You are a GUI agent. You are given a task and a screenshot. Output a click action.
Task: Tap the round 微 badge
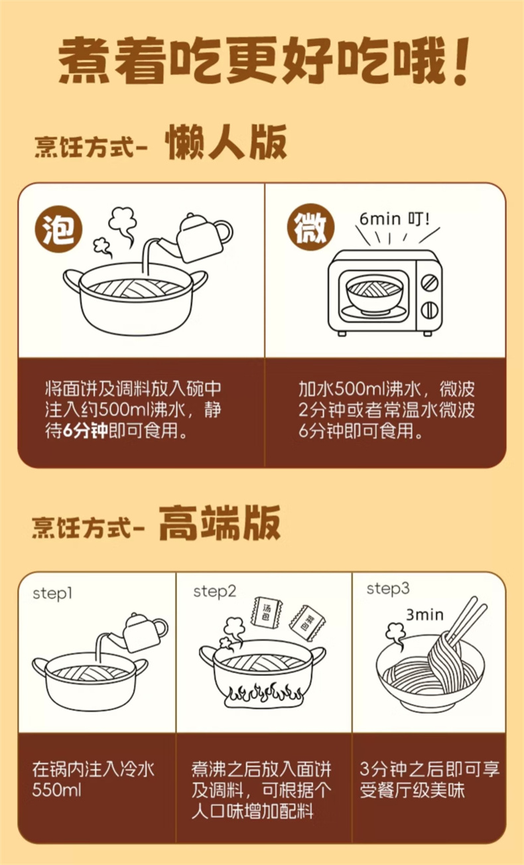pos(310,228)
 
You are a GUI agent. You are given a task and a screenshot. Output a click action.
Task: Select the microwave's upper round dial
pos(429,283)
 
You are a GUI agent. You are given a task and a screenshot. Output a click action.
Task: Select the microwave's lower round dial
pos(429,310)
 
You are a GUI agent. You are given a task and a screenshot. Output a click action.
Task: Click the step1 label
pos(52,594)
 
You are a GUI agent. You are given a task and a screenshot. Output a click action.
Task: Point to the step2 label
pos(215,592)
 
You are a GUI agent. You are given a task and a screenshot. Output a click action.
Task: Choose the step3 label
pos(387,589)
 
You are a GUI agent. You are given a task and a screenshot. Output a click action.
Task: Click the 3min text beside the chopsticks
pos(425,615)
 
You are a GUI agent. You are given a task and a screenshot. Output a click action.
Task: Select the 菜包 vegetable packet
pos(308,622)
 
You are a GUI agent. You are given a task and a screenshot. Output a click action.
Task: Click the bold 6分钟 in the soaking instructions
pos(85,431)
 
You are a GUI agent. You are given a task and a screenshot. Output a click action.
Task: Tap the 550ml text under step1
pos(57,791)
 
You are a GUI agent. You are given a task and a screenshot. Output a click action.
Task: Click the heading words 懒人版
pos(226,142)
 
